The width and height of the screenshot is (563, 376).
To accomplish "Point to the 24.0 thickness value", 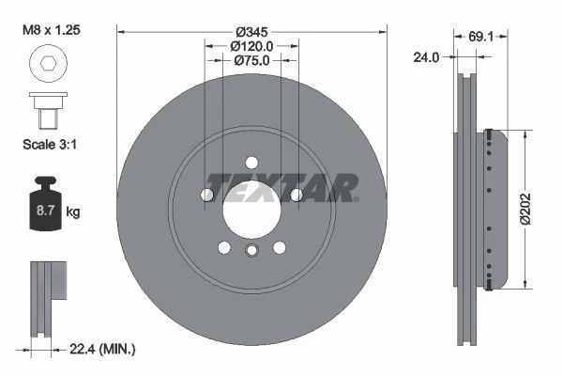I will click(426, 57).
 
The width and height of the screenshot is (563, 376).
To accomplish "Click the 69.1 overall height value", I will click(481, 37).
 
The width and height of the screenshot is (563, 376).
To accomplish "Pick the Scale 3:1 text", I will click(48, 146).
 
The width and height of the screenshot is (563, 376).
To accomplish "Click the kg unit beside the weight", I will click(73, 211).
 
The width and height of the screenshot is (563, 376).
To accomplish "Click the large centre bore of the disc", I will click(251, 209).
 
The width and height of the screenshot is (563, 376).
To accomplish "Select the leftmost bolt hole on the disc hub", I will click(206, 195).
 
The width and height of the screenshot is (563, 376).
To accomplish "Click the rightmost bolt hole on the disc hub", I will click(297, 195).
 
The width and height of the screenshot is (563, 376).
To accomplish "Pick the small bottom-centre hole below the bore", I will click(251, 249).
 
